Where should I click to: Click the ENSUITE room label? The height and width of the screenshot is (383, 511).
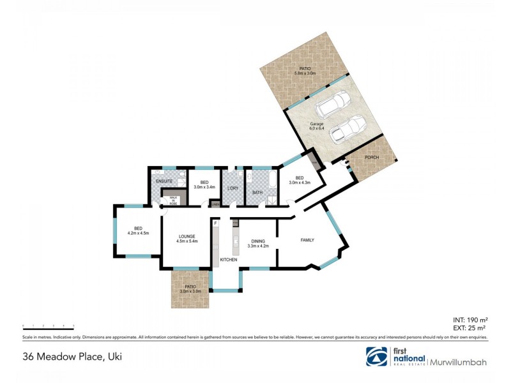[x=164, y=182]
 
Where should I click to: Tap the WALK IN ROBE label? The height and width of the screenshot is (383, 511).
[x=172, y=199]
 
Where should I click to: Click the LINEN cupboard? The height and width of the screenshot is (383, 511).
[x=216, y=204]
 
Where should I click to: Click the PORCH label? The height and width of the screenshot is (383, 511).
[x=372, y=156]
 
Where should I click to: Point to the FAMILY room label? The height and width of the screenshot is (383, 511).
[x=309, y=240]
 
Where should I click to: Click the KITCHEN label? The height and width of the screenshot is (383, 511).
[x=228, y=260]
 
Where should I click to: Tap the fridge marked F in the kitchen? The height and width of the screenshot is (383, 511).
[x=216, y=223]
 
